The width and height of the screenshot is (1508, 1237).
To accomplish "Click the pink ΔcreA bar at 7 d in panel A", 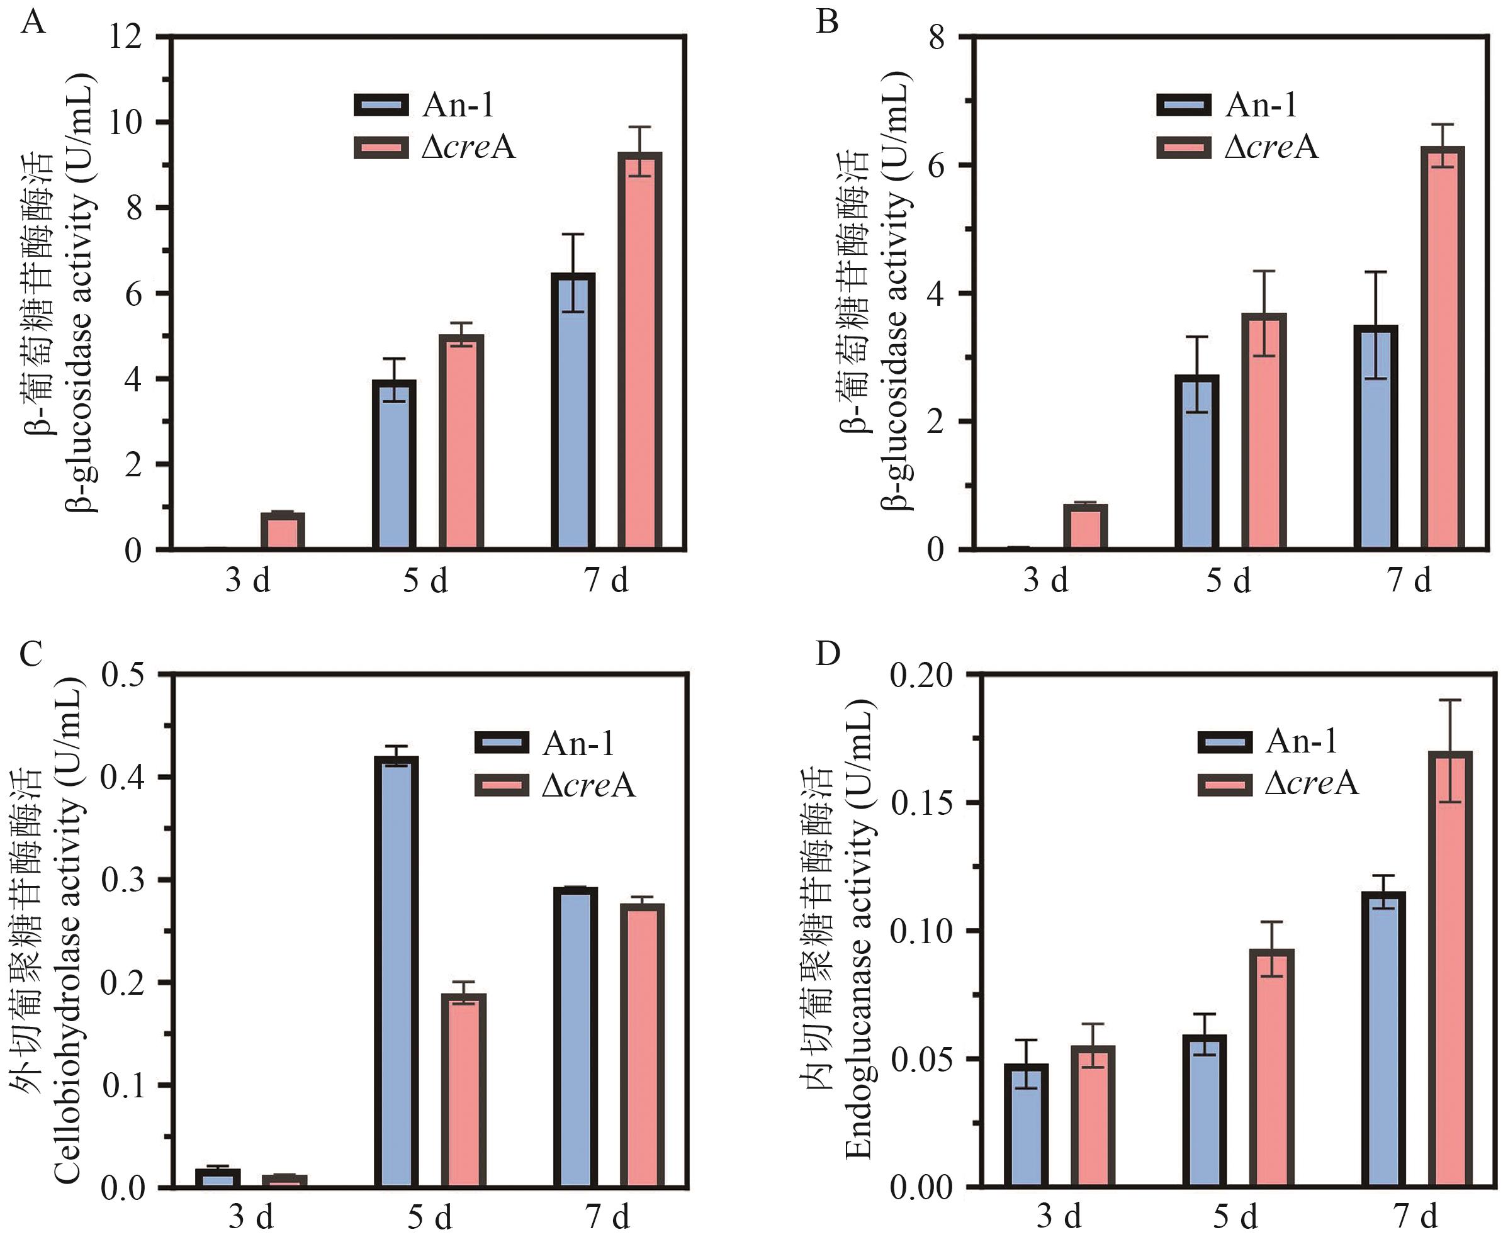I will pos(639,350).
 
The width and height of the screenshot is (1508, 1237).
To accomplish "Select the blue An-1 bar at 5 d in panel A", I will pos(394,464).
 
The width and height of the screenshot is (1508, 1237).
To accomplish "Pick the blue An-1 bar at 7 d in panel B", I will pos(1375,437).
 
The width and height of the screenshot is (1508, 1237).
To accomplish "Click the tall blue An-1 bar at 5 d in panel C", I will pos(397,972).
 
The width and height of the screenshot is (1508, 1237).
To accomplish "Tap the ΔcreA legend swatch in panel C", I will pos(502,785).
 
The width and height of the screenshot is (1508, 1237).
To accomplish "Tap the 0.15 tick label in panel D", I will pos(920,803).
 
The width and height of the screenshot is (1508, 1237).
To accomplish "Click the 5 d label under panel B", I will pos(1228,581).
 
